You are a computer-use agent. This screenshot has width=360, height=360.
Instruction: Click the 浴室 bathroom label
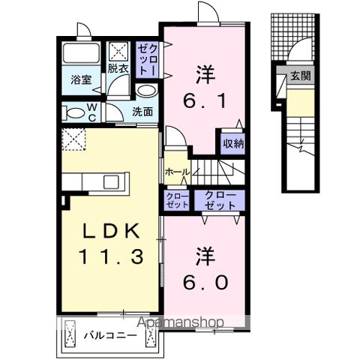(x=80, y=78)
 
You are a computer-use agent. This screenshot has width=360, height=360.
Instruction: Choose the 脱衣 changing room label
(x=118, y=67)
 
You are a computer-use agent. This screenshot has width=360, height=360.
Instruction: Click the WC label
(x=92, y=112)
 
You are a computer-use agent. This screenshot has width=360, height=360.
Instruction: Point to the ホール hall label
(x=176, y=172)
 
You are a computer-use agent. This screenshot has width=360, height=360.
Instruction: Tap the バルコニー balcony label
(x=110, y=334)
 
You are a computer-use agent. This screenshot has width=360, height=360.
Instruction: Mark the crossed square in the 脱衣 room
(x=119, y=52)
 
